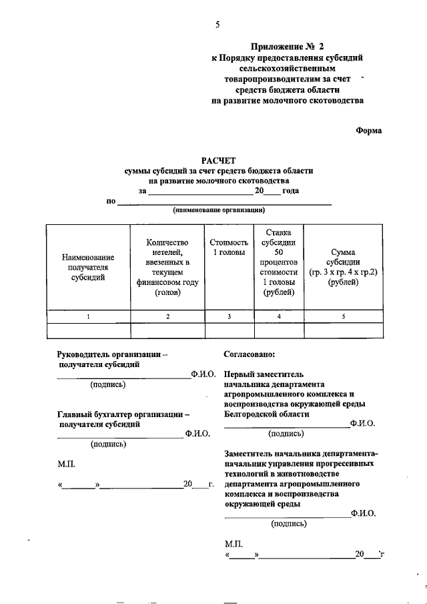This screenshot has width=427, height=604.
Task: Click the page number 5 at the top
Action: point(217,25)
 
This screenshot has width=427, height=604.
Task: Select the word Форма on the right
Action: point(368,130)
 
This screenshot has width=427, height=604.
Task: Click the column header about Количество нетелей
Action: point(167,267)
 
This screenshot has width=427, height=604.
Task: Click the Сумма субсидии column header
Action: point(343,267)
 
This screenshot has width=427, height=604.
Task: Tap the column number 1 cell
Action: point(88,316)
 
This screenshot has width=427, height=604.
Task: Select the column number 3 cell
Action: point(228,316)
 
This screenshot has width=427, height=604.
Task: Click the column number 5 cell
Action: point(343,316)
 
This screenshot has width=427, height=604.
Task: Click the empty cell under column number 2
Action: point(167,330)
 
